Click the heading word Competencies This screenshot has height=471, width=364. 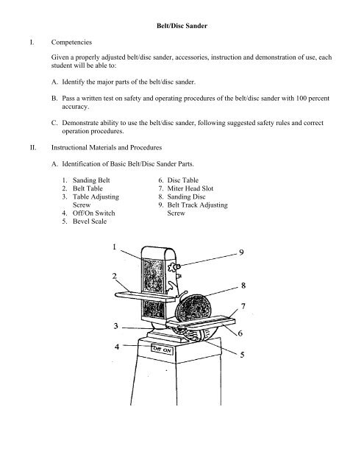pos(76,43)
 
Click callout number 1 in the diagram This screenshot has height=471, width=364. pos(114,248)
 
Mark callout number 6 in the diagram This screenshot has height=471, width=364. pos(241,333)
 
